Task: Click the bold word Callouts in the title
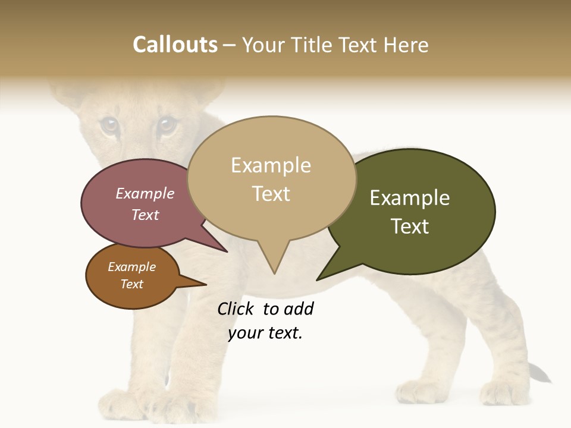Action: [175, 45]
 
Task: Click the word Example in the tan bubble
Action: [271, 165]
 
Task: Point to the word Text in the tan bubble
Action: [271, 194]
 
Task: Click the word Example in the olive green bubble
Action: [410, 198]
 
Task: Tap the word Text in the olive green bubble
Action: [410, 226]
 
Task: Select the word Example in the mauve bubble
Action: [145, 194]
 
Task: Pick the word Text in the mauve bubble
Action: [145, 215]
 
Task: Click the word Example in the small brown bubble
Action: [131, 267]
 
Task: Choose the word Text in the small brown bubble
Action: [131, 284]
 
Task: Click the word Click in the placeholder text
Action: [237, 309]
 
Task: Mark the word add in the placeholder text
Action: [299, 309]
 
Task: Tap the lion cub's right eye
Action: [166, 124]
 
